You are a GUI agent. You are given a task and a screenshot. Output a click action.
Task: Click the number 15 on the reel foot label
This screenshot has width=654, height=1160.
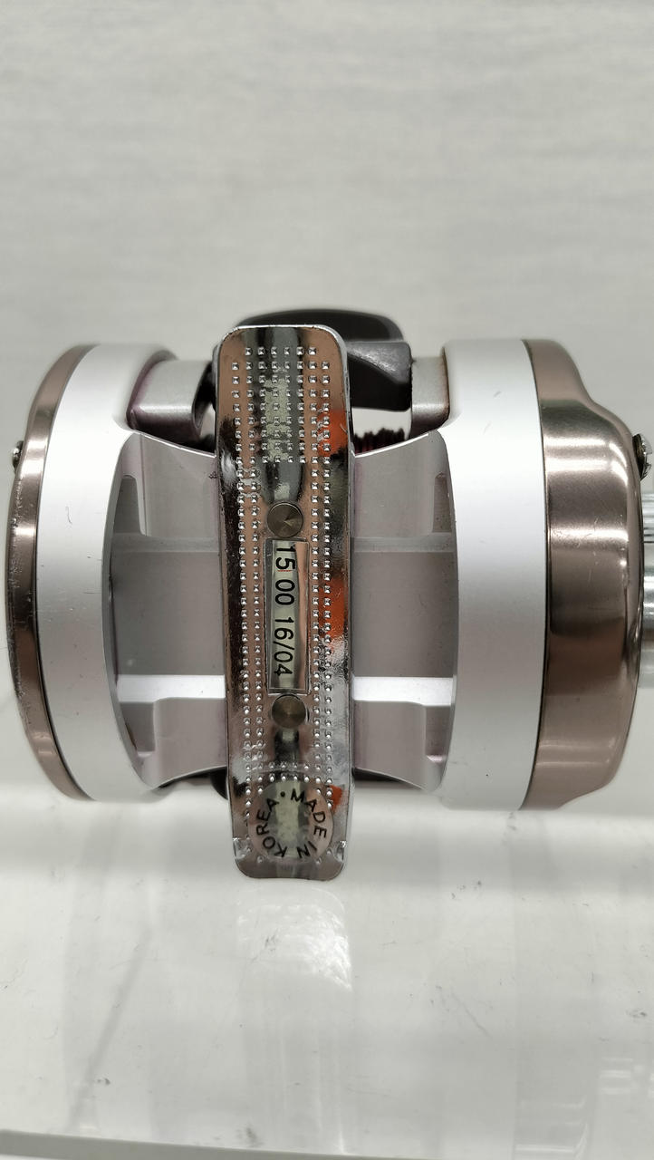coord(284,558)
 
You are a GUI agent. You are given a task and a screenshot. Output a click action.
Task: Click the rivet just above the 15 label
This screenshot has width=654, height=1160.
coord(285,520)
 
